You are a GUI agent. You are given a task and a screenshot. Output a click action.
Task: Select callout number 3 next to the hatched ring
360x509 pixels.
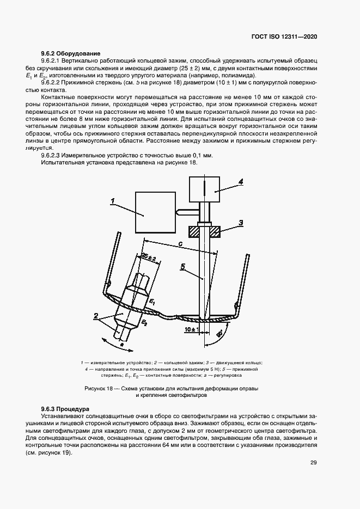point(240,222)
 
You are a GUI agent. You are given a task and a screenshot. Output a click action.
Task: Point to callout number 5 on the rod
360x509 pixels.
point(184,267)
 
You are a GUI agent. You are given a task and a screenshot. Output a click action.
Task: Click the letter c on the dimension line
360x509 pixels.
point(180,244)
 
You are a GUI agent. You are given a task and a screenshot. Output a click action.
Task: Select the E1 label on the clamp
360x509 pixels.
point(153,301)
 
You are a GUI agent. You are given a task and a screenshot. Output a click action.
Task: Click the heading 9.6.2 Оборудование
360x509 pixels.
point(71,53)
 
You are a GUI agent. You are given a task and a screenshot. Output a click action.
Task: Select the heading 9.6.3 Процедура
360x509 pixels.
point(65,408)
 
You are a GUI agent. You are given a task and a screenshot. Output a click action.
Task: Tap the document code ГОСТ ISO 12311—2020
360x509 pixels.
point(284,36)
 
